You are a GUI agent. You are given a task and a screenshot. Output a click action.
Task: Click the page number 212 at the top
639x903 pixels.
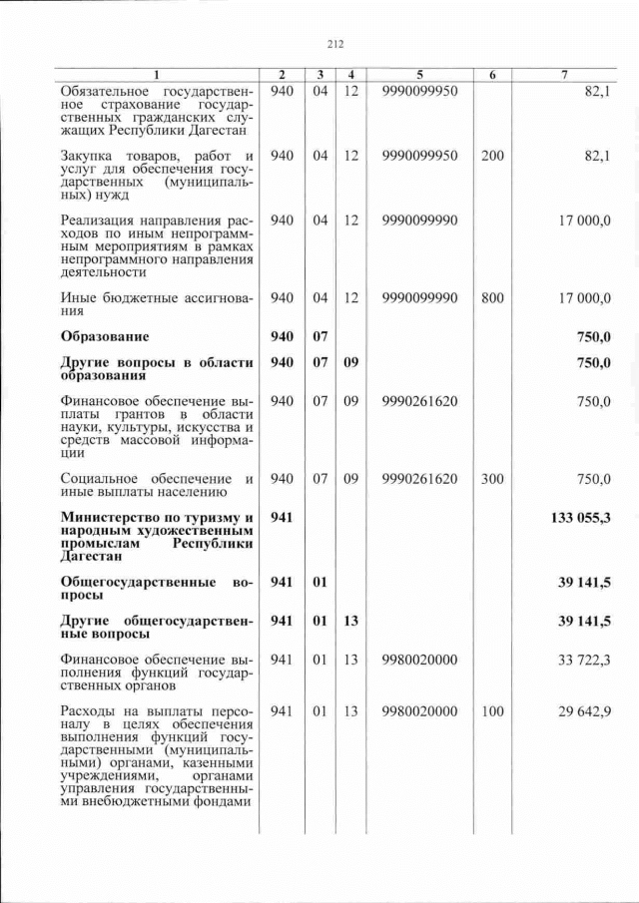(x=334, y=43)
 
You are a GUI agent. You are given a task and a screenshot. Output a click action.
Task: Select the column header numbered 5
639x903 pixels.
(x=419, y=75)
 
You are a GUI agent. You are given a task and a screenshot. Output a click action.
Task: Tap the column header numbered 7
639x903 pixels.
(x=565, y=75)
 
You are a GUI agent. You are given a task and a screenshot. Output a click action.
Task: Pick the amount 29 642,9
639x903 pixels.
(x=583, y=710)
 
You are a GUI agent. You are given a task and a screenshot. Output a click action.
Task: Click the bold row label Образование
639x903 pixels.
(x=105, y=336)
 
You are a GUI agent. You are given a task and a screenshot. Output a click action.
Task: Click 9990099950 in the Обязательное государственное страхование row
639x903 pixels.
(x=419, y=92)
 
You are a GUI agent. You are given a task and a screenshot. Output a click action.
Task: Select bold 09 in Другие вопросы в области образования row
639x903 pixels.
(x=349, y=362)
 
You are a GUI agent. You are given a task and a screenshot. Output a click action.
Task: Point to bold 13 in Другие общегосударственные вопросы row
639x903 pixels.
(x=349, y=621)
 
